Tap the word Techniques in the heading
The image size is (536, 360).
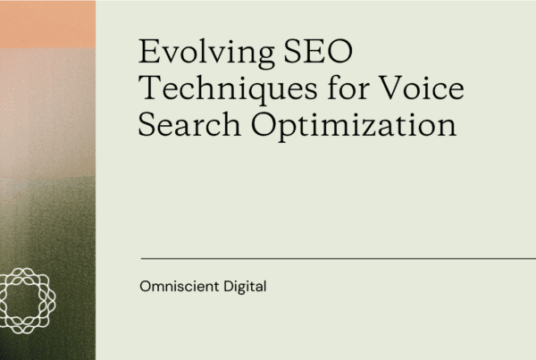click(223, 89)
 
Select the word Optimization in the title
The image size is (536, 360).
click(353, 126)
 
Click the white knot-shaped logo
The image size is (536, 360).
click(28, 297)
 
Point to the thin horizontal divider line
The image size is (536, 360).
click(339, 258)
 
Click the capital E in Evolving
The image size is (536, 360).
click(148, 54)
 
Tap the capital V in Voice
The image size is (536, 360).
click(378, 89)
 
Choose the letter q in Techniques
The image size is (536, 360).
click(251, 92)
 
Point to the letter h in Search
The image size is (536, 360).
click(230, 125)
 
